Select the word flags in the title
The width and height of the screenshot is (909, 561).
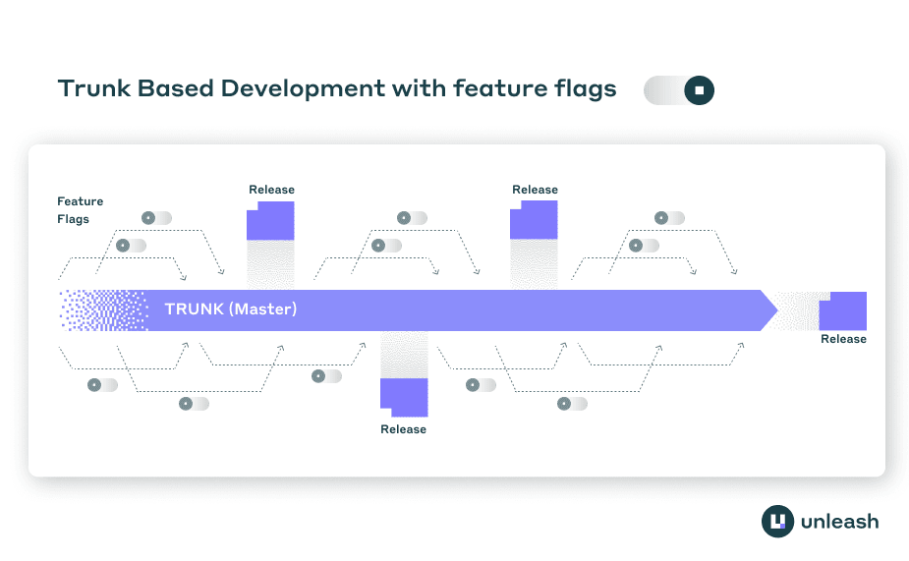pyautogui.click(x=583, y=88)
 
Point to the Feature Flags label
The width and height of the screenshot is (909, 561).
pyautogui.click(x=80, y=210)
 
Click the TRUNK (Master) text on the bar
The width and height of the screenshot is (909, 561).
pyautogui.click(x=231, y=309)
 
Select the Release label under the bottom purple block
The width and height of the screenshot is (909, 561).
pyautogui.click(x=403, y=429)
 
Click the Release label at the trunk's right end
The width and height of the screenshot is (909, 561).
pyautogui.click(x=843, y=339)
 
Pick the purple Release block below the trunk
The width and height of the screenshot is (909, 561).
pyautogui.click(x=404, y=398)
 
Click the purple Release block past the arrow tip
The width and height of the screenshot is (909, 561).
pyautogui.click(x=843, y=309)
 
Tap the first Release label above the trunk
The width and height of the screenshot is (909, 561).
pyautogui.click(x=271, y=190)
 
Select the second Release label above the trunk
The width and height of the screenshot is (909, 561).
pyautogui.click(x=535, y=190)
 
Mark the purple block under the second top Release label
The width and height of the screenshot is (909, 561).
pyautogui.click(x=534, y=220)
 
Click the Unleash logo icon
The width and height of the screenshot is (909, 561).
pyautogui.click(x=777, y=521)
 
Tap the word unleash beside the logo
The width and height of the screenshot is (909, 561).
pyautogui.click(x=840, y=521)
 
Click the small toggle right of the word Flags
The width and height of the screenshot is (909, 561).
pyautogui.click(x=156, y=218)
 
